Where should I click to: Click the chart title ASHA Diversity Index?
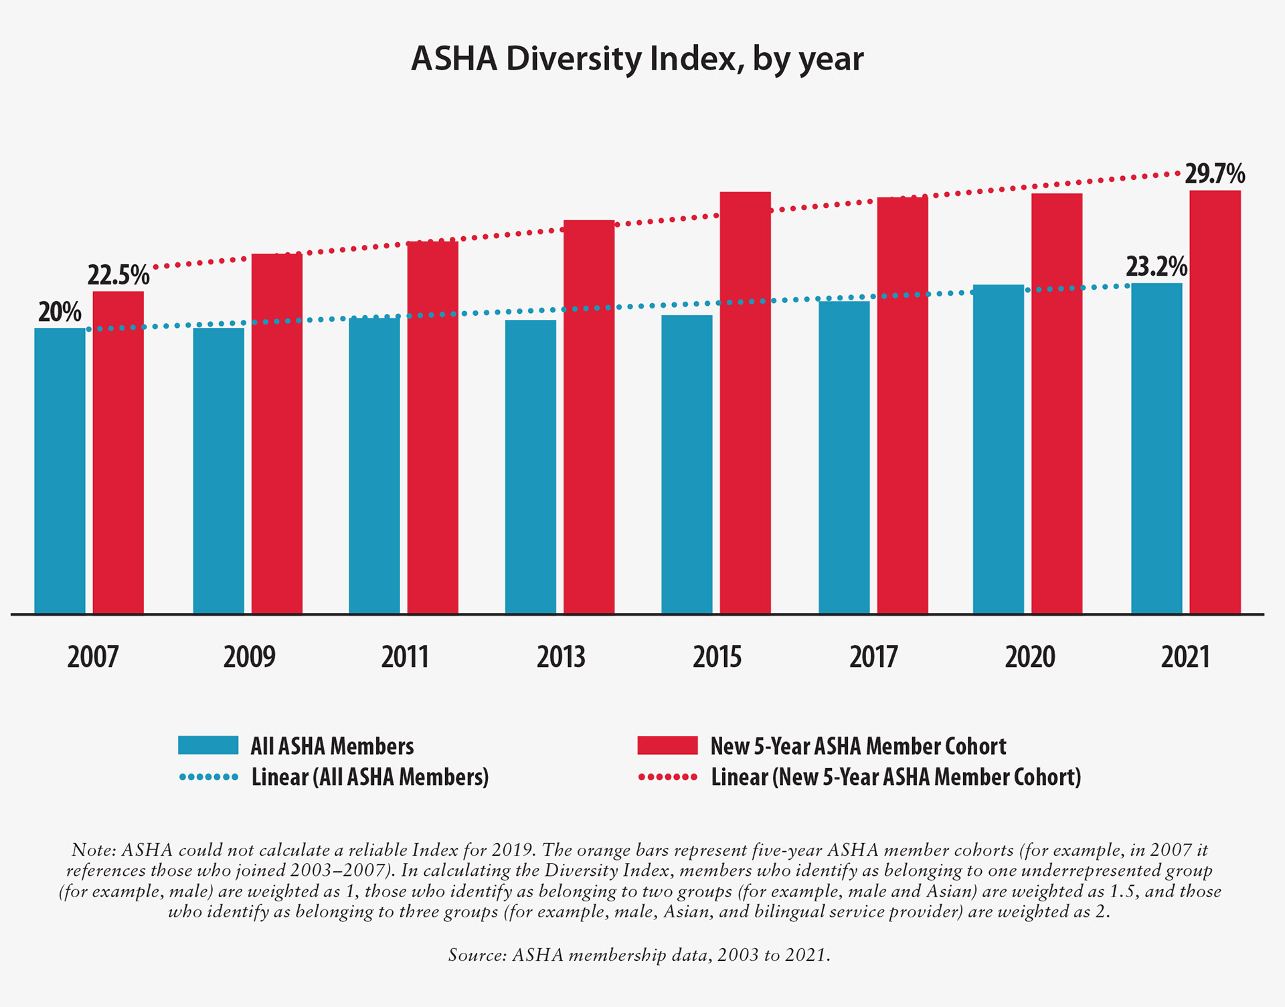[x=637, y=59]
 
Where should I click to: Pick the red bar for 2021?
[x=1215, y=402]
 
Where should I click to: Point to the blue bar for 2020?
[x=998, y=449]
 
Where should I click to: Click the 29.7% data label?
[x=1215, y=174]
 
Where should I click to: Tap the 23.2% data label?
[x=1156, y=266]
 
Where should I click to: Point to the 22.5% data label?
[x=118, y=275]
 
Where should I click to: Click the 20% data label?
[x=60, y=312]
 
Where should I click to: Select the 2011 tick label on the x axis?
[x=405, y=657]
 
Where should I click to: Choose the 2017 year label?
[x=873, y=657]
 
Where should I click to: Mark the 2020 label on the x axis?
[x=1030, y=657]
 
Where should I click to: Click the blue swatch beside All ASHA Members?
[x=208, y=745]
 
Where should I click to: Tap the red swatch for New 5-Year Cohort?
[x=667, y=745]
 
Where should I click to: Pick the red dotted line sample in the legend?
[x=667, y=777]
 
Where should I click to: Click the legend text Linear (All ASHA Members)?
[x=370, y=777]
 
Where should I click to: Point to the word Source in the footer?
[x=477, y=955]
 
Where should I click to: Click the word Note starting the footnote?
[x=93, y=850]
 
